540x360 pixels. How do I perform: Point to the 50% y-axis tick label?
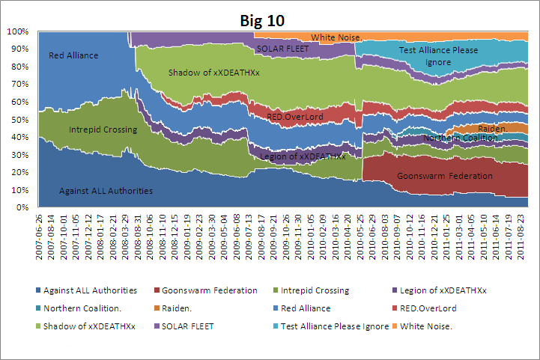point(19,119)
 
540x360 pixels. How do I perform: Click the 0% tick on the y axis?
point(22,207)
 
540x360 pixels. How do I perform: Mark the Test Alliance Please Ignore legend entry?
point(342,326)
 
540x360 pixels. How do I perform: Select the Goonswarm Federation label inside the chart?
point(445,176)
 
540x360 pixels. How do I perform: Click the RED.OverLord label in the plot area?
point(296,118)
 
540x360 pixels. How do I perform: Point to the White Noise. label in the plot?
point(336,37)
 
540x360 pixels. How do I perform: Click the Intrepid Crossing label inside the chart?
point(103,129)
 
